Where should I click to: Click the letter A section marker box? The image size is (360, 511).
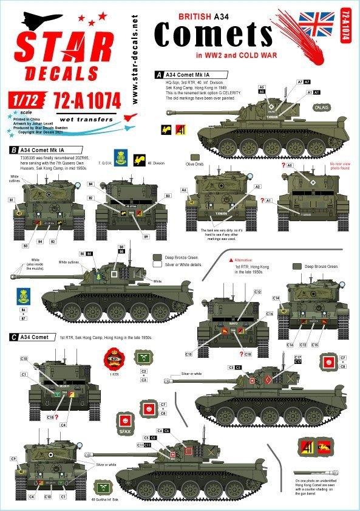click(158, 74)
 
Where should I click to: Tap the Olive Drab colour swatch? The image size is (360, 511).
click(195, 157)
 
